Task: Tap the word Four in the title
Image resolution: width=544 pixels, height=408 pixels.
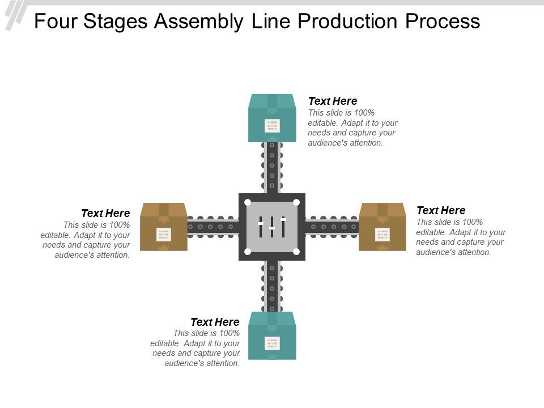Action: [x=55, y=22]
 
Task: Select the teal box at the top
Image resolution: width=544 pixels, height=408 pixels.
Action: [x=272, y=118]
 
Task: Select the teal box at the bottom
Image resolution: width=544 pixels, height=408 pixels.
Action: [x=272, y=335]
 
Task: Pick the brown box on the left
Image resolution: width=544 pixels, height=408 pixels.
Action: [x=163, y=227]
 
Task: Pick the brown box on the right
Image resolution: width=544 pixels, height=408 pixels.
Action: [x=382, y=227]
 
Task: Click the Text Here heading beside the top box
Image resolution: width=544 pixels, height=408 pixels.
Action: [x=333, y=101]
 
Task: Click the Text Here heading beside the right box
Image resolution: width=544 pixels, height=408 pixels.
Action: [x=441, y=210]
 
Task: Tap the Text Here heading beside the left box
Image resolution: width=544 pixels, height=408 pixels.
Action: [x=105, y=213]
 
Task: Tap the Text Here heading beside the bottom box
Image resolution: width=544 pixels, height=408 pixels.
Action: [x=215, y=322]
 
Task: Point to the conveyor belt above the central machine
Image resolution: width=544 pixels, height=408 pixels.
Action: [x=272, y=167]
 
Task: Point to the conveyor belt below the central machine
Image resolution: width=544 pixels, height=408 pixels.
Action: [x=272, y=286]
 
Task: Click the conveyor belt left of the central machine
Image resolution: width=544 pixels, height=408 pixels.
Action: [x=212, y=227]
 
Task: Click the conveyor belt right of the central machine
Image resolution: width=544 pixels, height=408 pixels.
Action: [x=331, y=227]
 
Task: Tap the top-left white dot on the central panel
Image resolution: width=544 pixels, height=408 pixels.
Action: [x=248, y=202]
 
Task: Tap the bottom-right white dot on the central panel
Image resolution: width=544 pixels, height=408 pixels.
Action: [x=296, y=251]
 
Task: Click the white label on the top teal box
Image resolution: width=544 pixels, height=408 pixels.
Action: [x=272, y=125]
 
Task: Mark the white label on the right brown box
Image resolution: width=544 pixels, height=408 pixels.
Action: [x=382, y=234]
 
